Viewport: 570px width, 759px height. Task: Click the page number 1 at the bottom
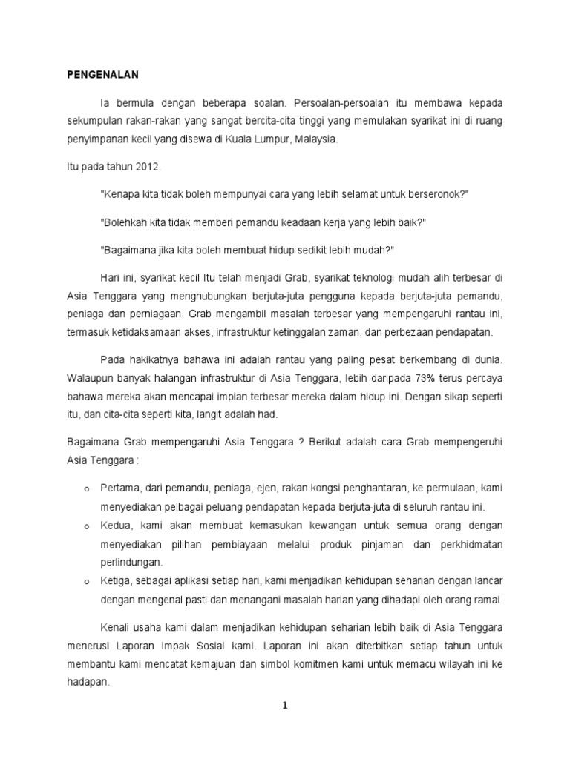tap(284, 706)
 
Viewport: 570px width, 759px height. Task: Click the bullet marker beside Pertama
tap(87, 490)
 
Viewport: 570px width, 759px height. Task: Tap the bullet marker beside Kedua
tap(87, 526)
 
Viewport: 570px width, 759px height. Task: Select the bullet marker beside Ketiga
tap(87, 581)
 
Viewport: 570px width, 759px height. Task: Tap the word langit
tap(212, 414)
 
